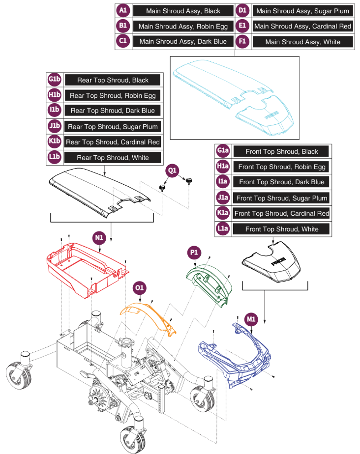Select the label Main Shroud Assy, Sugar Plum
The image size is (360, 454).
(302, 11)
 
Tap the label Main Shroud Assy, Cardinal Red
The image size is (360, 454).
(302, 26)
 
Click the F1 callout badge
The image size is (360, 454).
(242, 42)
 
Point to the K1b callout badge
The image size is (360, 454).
(54, 142)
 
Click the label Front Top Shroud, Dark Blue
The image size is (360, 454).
(281, 182)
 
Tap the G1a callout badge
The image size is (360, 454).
(223, 151)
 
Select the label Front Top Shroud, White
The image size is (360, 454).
(281, 229)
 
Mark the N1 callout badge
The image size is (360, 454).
(99, 237)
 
